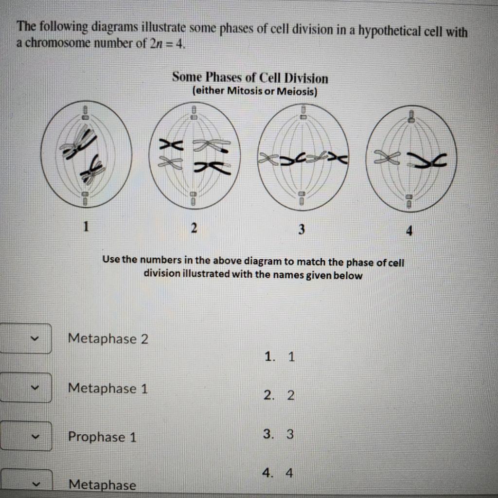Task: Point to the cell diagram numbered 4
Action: click(411, 158)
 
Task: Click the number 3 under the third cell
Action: click(302, 228)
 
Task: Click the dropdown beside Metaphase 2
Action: click(26, 338)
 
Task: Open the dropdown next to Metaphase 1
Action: click(26, 388)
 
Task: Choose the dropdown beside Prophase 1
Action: click(26, 436)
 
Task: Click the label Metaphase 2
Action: click(108, 338)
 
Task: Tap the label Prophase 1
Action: click(102, 437)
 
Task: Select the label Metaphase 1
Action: click(108, 388)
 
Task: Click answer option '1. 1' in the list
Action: click(280, 357)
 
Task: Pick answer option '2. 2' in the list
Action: click(280, 395)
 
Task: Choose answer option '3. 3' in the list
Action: click(279, 434)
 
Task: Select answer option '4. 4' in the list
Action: click(279, 473)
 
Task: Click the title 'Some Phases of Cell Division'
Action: click(250, 78)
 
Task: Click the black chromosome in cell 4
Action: click(428, 160)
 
